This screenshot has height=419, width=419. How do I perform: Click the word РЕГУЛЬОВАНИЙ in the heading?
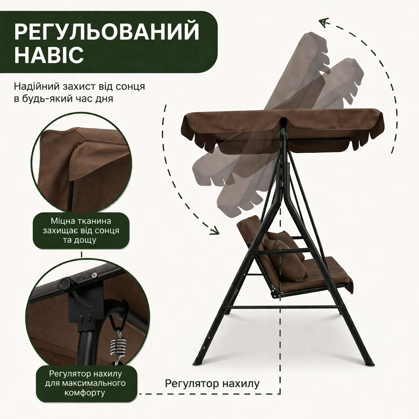click(x=107, y=32)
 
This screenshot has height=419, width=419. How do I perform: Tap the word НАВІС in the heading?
click(x=49, y=54)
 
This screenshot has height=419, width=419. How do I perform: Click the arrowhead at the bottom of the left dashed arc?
click(x=214, y=231)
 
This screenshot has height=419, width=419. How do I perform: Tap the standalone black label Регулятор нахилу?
click(x=212, y=383)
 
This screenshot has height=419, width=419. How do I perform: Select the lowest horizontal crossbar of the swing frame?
click(x=283, y=308)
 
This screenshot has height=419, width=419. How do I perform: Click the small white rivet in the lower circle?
click(x=94, y=275)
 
